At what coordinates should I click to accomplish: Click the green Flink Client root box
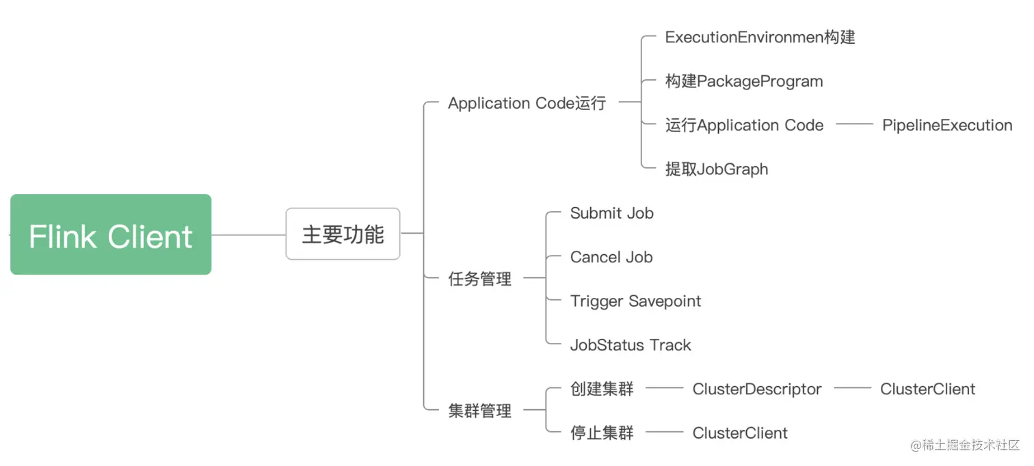(x=111, y=234)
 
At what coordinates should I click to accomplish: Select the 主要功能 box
(x=343, y=234)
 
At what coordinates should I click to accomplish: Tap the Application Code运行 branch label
(x=527, y=103)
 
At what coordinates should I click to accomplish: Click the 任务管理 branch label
(x=479, y=279)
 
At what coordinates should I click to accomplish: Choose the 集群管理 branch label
(x=479, y=411)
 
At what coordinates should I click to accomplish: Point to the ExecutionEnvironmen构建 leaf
(x=760, y=37)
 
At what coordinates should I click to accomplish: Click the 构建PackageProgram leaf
(x=744, y=81)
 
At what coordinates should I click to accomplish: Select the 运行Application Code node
(x=744, y=125)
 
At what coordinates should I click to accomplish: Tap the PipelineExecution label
(x=947, y=125)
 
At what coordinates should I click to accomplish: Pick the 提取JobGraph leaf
(x=717, y=169)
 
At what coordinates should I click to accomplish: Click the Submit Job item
(x=611, y=213)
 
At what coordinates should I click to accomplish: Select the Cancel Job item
(x=611, y=257)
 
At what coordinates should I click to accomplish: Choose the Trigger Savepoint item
(x=635, y=301)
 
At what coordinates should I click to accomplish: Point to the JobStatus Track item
(x=631, y=345)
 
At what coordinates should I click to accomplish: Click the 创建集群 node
(x=602, y=389)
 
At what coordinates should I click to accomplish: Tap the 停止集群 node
(x=602, y=433)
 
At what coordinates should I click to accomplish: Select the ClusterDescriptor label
(x=757, y=389)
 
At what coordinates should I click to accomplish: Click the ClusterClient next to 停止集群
(x=740, y=433)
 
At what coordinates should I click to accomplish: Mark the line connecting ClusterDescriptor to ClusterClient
(x=852, y=388)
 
